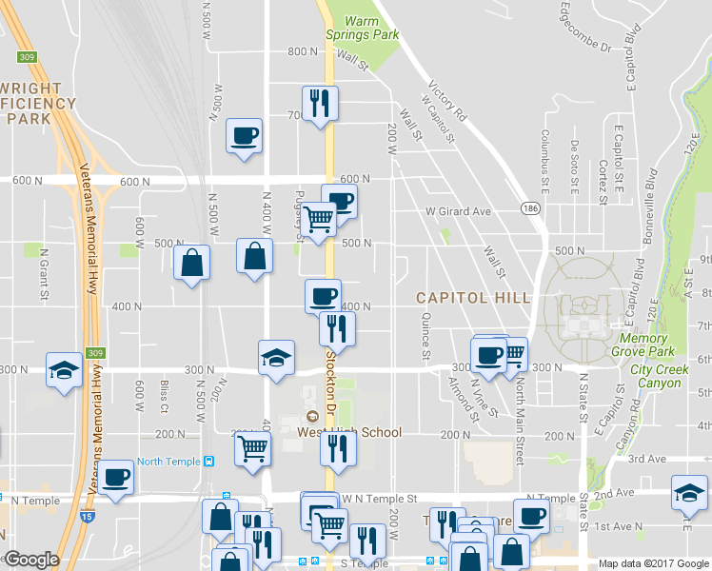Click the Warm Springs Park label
click(362, 28)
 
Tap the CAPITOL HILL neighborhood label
click(473, 298)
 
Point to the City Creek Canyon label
click(656, 376)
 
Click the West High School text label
click(348, 432)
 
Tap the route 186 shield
click(529, 207)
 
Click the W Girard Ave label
click(458, 211)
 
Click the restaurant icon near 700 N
click(319, 102)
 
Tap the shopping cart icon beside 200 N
click(252, 446)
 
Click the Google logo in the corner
click(30, 560)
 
